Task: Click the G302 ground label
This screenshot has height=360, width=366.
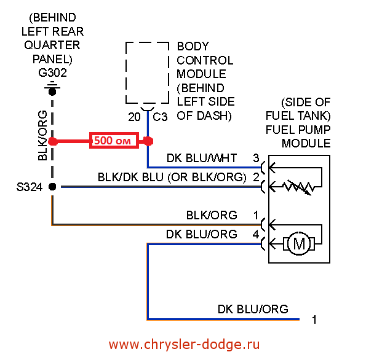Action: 52,72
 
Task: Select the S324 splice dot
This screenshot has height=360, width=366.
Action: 52,187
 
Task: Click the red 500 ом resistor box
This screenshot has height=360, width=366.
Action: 114,140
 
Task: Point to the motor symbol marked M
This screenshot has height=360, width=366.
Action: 299,244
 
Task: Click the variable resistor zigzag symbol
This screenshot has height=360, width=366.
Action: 298,187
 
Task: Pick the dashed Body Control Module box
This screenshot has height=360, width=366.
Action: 147,72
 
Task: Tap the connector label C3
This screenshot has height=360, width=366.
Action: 160,117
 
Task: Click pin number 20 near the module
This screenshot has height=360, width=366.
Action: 134,117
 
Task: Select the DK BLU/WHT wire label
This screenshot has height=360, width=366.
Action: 202,158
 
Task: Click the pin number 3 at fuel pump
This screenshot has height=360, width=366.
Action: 256,158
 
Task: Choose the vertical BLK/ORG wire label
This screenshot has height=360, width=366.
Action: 42,136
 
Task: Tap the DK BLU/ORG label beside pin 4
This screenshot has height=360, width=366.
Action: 202,234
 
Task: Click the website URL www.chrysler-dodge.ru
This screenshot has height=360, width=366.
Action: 184,345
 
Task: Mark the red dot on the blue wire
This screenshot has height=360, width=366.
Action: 148,141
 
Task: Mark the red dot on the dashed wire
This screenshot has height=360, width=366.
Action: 53,141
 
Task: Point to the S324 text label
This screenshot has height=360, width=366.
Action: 30,187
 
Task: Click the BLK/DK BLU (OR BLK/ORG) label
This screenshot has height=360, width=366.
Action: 172,177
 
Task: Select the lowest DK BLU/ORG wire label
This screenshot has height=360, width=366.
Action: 253,309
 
